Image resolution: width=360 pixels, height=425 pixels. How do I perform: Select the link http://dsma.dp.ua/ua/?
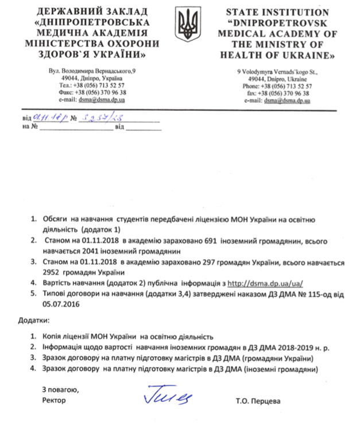pos(265,284)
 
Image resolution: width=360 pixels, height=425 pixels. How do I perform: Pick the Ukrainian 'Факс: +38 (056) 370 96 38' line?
pos(92,92)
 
